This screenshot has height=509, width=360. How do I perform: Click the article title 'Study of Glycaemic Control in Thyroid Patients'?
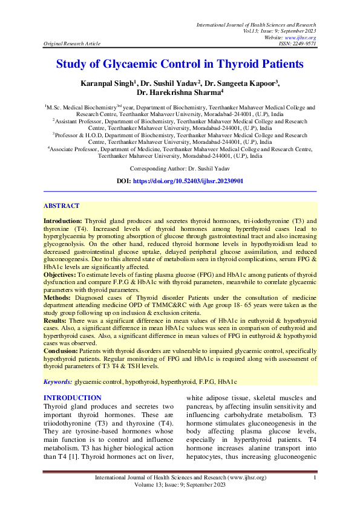tap(180, 63)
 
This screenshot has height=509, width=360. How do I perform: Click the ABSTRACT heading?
tap(61, 206)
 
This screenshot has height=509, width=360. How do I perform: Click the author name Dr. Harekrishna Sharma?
tap(180, 92)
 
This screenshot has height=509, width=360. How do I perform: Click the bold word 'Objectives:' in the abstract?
tap(59, 274)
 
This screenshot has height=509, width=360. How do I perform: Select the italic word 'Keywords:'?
tap(57, 382)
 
